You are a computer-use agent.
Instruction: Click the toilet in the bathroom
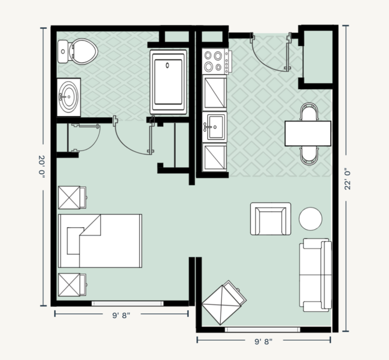(x=77, y=51)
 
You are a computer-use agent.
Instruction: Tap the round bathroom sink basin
(x=69, y=97)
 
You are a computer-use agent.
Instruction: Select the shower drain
(x=168, y=65)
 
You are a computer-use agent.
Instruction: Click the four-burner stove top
(x=215, y=61)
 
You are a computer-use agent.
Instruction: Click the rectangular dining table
(x=307, y=133)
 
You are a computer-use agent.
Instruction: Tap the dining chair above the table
(x=309, y=112)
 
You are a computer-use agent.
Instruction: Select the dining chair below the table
(x=309, y=155)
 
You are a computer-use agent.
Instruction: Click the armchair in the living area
(x=270, y=219)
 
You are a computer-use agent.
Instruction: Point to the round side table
(x=310, y=219)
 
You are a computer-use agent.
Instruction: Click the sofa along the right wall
(x=316, y=275)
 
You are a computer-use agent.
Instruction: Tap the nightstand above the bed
(x=72, y=198)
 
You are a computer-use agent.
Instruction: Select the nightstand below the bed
(x=72, y=285)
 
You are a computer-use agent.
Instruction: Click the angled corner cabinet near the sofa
(x=224, y=303)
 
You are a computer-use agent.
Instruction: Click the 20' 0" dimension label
(x=42, y=167)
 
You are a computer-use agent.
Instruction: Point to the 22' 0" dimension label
(x=347, y=179)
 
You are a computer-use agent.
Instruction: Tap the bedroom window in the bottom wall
(x=128, y=303)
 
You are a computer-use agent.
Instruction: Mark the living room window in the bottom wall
(x=262, y=330)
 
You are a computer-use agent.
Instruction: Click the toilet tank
(x=63, y=51)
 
